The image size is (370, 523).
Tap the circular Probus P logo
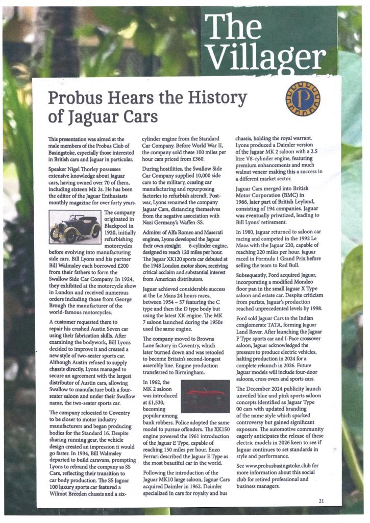(x=302, y=98)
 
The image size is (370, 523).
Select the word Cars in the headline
(x=138, y=116)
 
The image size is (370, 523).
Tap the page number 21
(x=320, y=501)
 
